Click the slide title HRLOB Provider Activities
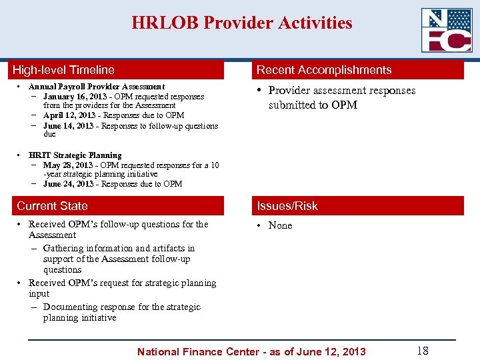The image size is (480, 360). click(241, 23)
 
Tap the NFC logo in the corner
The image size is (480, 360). click(447, 30)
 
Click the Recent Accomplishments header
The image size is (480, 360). click(324, 70)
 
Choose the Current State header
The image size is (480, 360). click(52, 206)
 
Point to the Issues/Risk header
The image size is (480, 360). click(287, 206)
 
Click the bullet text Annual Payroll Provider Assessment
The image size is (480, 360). click(97, 87)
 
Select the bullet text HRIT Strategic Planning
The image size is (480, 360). click(75, 155)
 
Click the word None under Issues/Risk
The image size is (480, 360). click(280, 225)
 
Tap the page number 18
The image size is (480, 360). click(422, 351)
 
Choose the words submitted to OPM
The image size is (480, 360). click(313, 105)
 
